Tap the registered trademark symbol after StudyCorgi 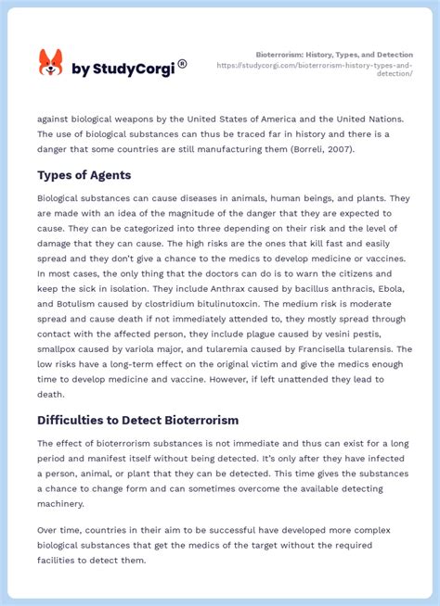(x=182, y=64)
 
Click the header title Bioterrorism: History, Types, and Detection (x=334, y=55)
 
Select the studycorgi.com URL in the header (x=315, y=69)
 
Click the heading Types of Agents (x=83, y=174)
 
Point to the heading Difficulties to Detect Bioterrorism (x=137, y=420)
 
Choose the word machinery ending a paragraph (x=61, y=504)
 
